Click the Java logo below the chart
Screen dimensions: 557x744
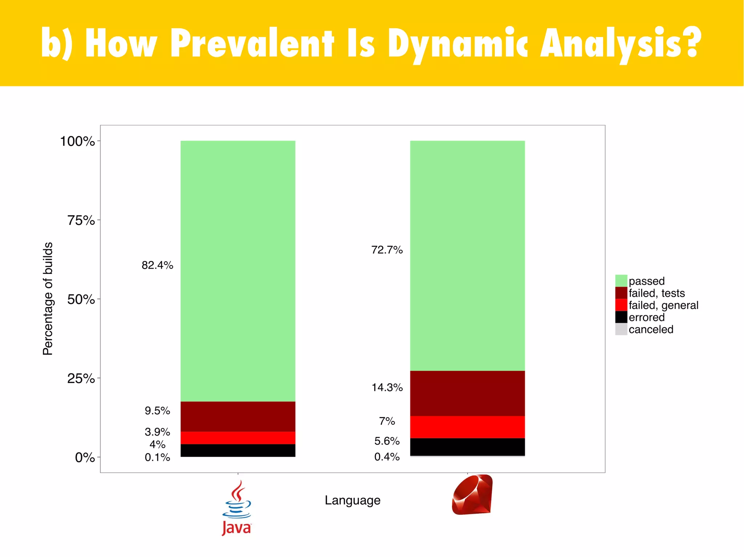coord(236,508)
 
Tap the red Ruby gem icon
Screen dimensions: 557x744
coord(472,495)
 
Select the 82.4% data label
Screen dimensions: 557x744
coord(157,265)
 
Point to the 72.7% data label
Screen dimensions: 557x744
coord(387,250)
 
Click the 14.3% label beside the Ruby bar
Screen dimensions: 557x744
coord(387,388)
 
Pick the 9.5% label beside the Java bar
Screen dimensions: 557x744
coord(157,411)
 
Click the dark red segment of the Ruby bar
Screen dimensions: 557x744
coord(467,393)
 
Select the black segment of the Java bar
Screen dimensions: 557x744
coord(238,450)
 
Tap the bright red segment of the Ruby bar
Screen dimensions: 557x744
coord(467,427)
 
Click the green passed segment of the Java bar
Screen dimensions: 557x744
coord(238,271)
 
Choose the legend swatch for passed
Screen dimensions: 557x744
coord(621,281)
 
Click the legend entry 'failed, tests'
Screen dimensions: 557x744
coord(656,293)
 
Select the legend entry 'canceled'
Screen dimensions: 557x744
coord(651,329)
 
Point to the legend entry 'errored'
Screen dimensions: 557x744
coord(646,318)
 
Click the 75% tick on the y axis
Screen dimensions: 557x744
coord(81,220)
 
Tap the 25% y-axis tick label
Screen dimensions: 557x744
coord(81,378)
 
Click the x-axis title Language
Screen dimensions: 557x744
coord(352,500)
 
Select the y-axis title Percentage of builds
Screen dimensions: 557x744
coord(48,299)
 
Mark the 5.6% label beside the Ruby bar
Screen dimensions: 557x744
coord(387,441)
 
